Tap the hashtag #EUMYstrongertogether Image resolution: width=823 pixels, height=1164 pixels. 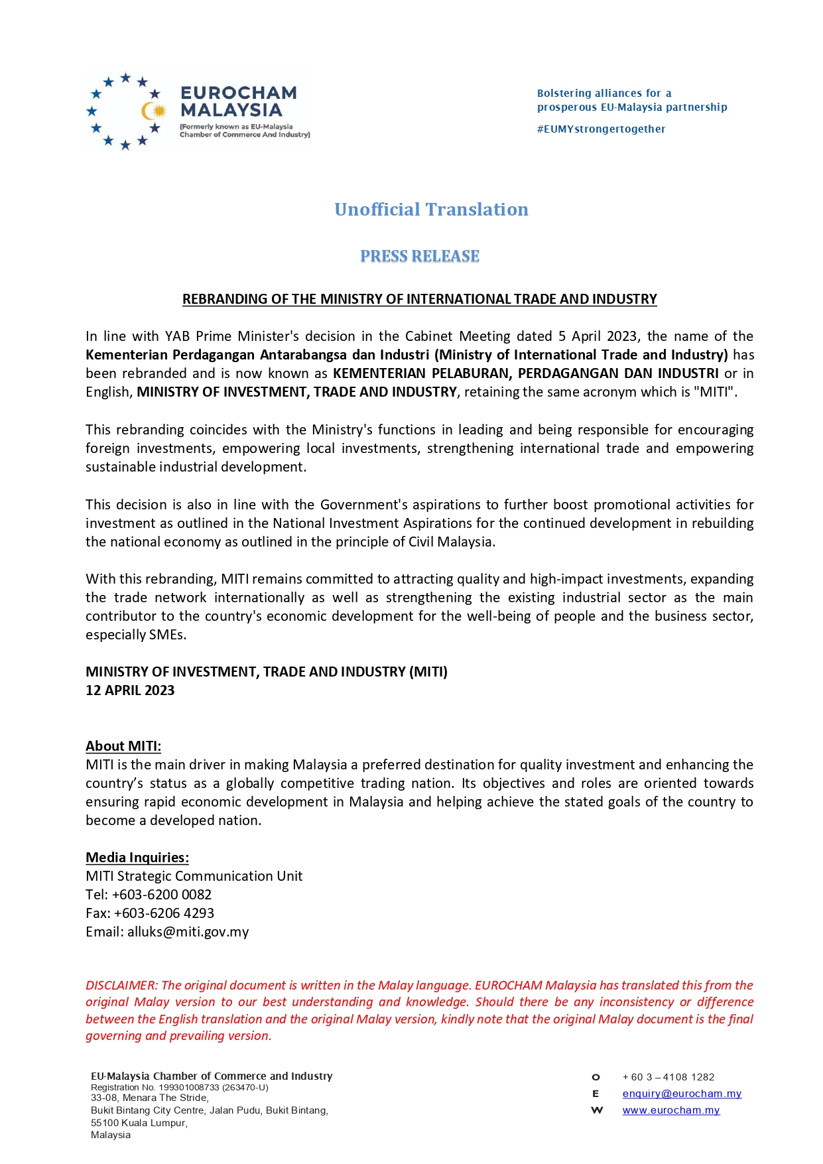[601, 129]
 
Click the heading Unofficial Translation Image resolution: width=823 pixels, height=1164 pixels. [431, 210]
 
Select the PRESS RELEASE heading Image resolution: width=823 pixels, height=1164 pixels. [419, 256]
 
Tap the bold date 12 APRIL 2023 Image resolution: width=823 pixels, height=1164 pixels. [130, 690]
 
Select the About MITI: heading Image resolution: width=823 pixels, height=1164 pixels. [123, 746]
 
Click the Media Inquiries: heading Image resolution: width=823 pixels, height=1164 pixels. [137, 858]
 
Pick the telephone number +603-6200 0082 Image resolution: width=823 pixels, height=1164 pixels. [162, 895]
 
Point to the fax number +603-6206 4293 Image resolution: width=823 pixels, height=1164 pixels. [164, 913]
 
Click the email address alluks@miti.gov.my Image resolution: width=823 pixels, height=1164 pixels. [188, 932]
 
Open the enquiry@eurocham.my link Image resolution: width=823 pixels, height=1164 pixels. [682, 1094]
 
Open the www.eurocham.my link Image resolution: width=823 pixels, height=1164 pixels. [671, 1110]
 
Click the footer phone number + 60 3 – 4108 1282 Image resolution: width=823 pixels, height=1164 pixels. [668, 1077]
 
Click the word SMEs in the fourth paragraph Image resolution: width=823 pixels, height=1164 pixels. [168, 635]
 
